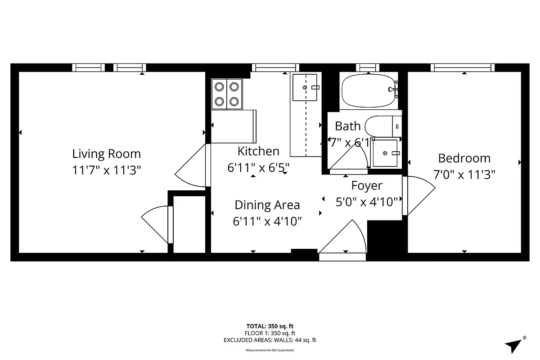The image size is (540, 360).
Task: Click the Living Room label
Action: pos(107,154)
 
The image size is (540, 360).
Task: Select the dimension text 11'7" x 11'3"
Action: pos(107,170)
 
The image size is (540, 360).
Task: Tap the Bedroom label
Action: pos(464,158)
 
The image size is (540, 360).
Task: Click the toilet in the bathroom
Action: pos(382,126)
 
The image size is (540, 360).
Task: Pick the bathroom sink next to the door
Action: pos(385,153)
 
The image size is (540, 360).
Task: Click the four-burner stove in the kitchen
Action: pos(227,94)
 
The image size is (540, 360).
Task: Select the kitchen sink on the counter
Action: pos(306,87)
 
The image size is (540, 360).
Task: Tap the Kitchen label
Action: pos(258,151)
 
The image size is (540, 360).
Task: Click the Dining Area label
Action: pos(267,205)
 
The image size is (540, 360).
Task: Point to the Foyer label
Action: pos(367,185)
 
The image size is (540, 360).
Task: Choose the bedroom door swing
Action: pos(418,196)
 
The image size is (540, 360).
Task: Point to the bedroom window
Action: pos(462,68)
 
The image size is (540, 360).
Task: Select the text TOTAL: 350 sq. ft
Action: pos(270,326)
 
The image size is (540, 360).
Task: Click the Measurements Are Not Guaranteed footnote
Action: pos(270,350)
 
